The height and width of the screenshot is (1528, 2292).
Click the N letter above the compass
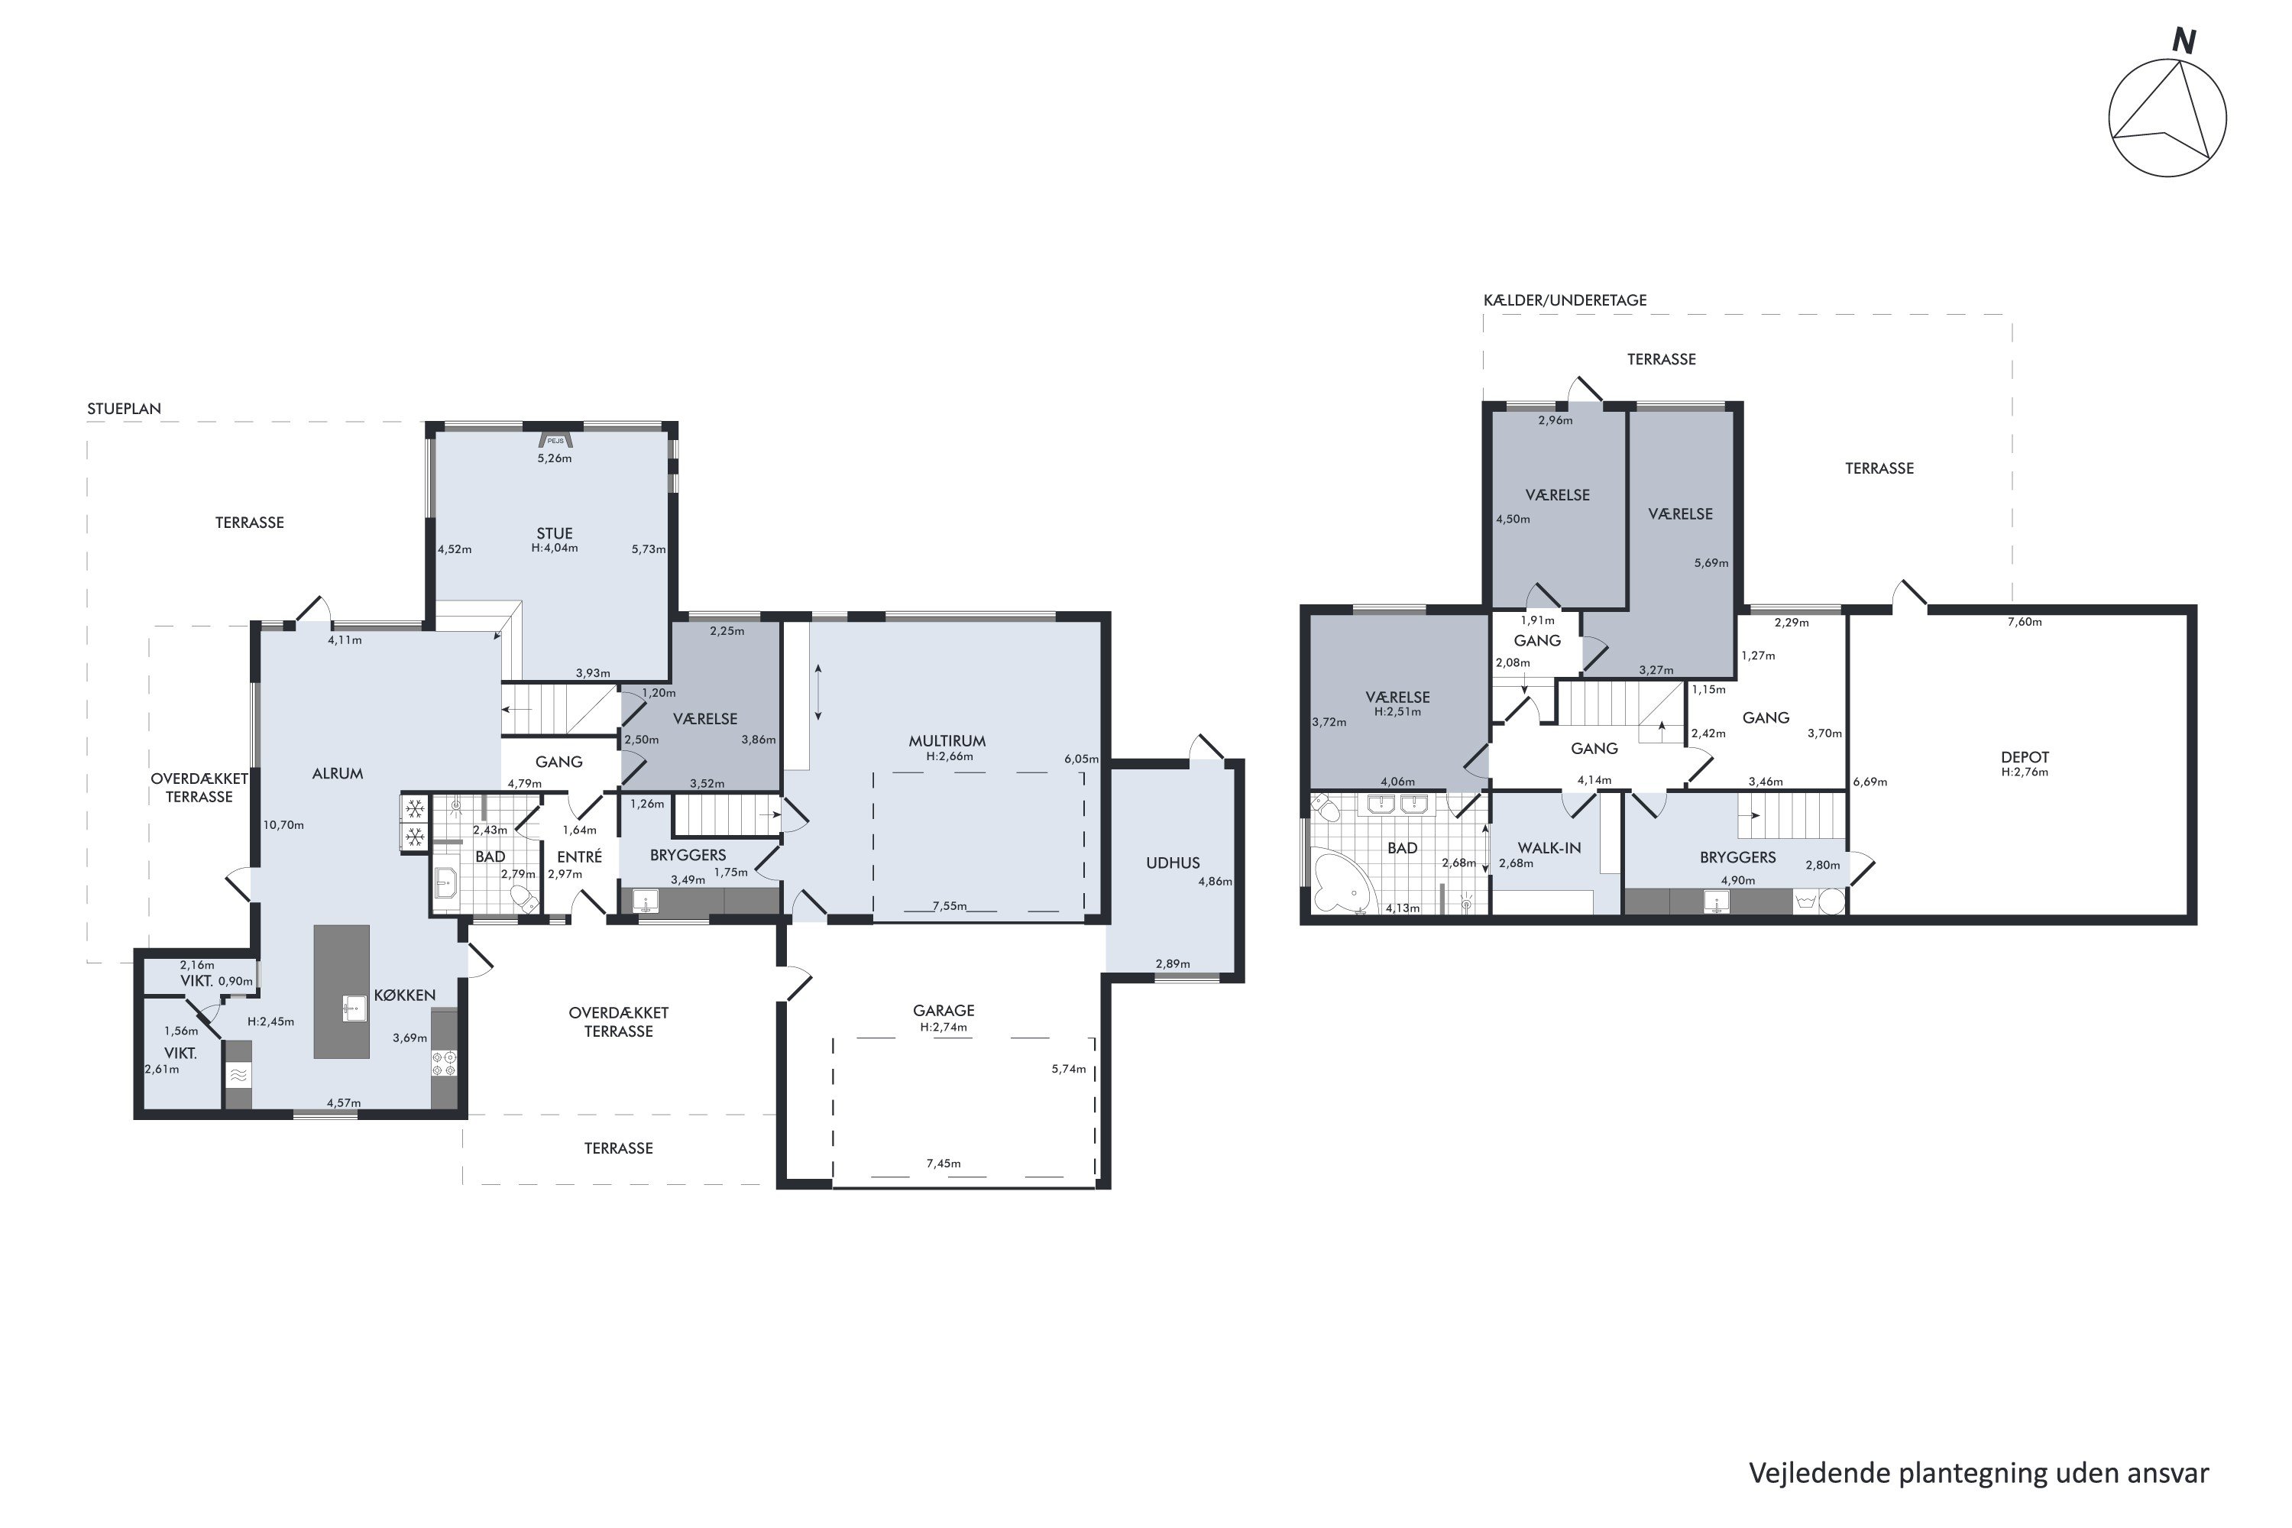[2185, 42]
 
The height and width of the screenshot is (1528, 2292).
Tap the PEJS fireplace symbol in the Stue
[555, 439]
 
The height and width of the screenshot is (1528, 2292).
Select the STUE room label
[555, 533]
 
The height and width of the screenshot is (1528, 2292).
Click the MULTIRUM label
[947, 740]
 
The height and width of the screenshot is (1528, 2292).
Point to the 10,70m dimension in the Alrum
[283, 824]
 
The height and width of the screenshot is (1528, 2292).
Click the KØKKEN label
[404, 995]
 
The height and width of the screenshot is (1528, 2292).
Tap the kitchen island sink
[354, 1008]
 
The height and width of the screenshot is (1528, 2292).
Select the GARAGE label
[944, 1011]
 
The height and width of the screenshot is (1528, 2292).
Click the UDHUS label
[1172, 863]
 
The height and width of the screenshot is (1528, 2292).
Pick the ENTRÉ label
[579, 856]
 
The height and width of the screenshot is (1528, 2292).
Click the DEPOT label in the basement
[2025, 757]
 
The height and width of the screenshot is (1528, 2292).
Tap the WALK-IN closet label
[1549, 848]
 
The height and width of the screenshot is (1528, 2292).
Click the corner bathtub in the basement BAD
[1341, 880]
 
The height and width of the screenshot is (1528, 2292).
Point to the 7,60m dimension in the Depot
[2025, 622]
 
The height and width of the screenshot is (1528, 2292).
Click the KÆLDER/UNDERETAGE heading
[1565, 300]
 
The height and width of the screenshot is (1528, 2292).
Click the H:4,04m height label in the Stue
[555, 548]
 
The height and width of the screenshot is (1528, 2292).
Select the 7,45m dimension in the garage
[944, 1164]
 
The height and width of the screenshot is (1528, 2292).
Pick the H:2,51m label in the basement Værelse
[1397, 711]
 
